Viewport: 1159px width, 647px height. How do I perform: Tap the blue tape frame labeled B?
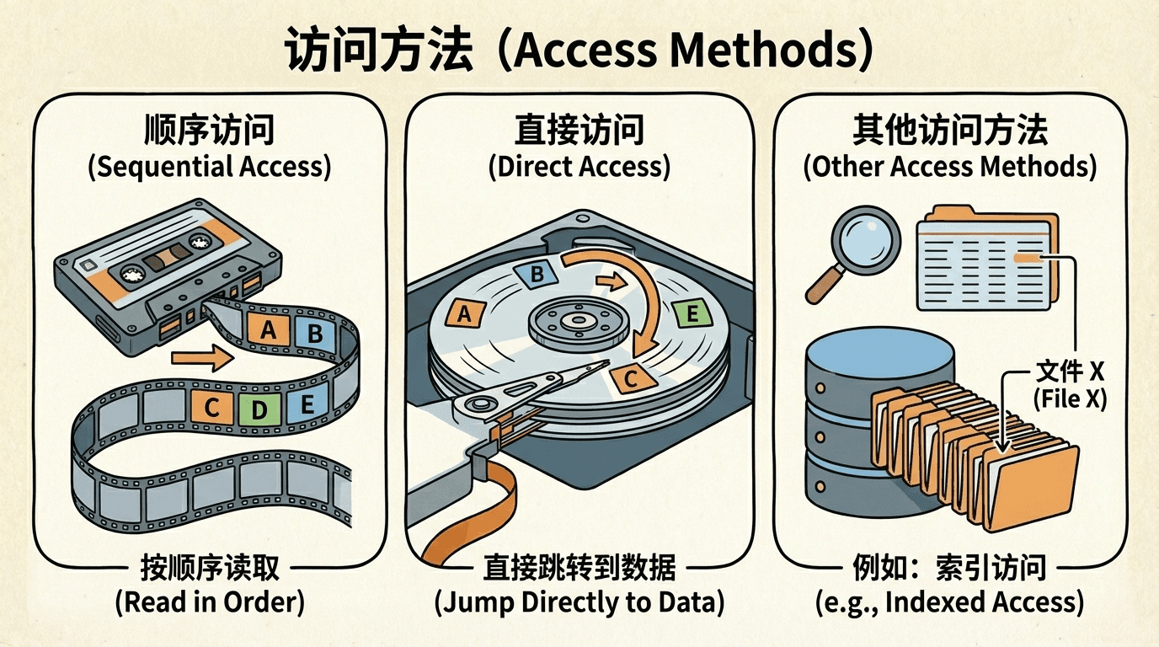[315, 334]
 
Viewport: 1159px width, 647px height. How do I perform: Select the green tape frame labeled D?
[259, 409]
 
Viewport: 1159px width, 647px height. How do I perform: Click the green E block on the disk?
[692, 314]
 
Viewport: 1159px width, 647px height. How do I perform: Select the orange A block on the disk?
[462, 314]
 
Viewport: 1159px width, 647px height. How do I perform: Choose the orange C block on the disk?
[630, 378]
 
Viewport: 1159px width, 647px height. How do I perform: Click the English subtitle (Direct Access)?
[579, 166]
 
